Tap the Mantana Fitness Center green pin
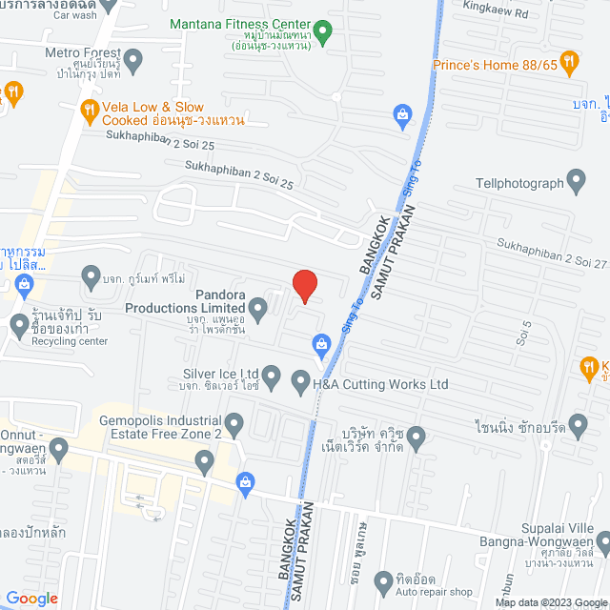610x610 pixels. pos(323,33)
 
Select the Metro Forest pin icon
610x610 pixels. pos(133,61)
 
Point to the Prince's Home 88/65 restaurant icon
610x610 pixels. pos(570,64)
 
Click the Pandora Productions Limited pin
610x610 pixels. pos(258,307)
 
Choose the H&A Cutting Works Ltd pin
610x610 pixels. pos(300,379)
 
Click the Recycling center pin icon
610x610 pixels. pos(20,326)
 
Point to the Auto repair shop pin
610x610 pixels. pos(383,579)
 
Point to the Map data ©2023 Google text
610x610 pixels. pos(550,602)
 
